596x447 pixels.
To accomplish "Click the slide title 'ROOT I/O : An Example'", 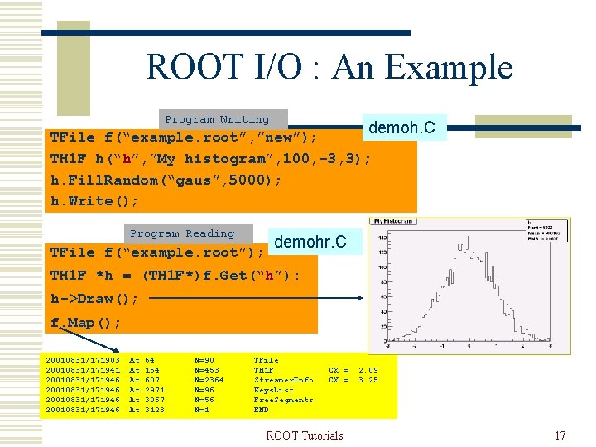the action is tap(329, 67).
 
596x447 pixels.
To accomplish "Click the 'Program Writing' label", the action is tap(217, 120).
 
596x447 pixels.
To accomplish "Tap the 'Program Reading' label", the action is tap(182, 234).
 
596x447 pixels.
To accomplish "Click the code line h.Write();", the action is tap(94, 201).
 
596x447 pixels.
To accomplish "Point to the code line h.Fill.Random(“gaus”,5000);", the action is tap(166, 180).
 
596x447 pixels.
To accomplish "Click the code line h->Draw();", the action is tap(94, 299).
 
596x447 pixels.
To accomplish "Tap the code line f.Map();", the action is tap(85, 322).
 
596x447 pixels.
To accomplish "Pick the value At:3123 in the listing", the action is tap(147, 410).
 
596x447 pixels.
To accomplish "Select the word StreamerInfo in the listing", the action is tap(283, 380).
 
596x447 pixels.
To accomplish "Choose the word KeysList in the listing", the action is tap(273, 390).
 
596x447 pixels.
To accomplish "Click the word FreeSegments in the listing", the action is tap(283, 400).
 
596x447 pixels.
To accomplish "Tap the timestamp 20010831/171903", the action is tap(83, 360).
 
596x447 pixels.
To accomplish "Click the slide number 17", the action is tap(560, 435).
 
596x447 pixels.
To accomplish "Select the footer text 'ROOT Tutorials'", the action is tap(304, 435).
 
